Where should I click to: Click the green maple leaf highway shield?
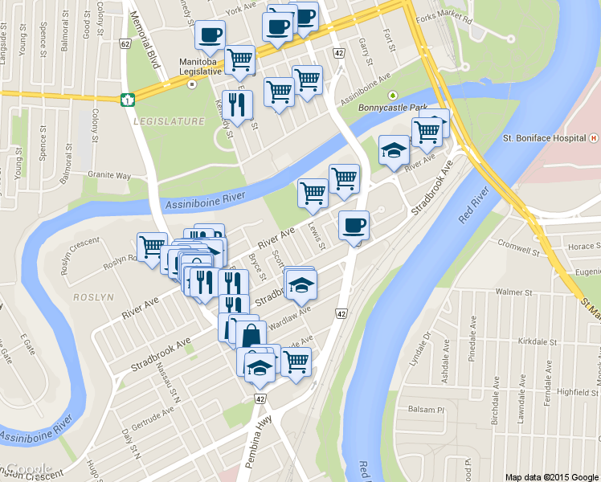126,100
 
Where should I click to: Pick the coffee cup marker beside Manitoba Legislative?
211,35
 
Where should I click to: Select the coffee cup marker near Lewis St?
353,225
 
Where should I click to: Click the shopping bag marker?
251,334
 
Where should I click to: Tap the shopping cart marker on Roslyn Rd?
150,246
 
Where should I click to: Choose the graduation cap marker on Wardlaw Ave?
300,284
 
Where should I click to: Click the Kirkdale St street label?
538,341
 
